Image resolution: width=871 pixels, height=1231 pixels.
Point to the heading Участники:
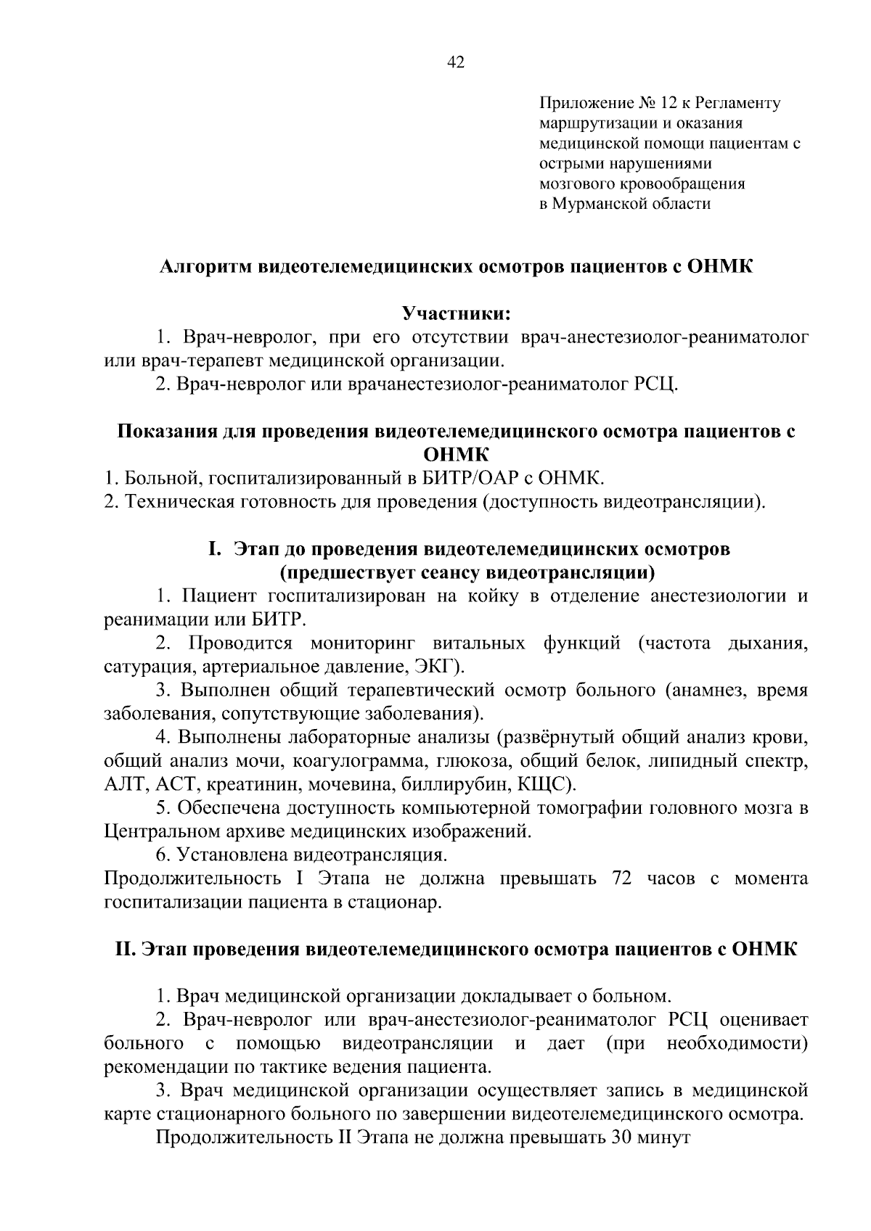pyautogui.click(x=457, y=314)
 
